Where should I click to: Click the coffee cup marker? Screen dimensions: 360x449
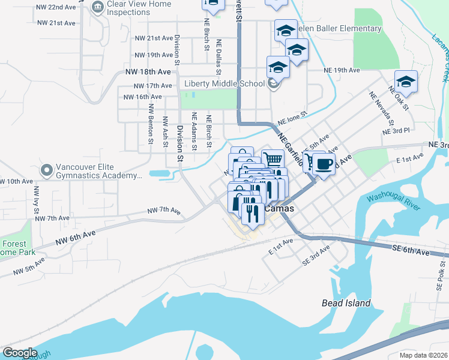click(324, 164)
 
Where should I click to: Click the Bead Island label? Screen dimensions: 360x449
click(346, 303)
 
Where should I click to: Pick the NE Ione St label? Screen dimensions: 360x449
click(292, 113)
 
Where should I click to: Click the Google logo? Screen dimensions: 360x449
click(20, 352)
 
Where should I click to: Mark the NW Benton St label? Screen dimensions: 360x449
click(151, 125)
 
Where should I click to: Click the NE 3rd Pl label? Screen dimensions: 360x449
click(396, 130)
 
